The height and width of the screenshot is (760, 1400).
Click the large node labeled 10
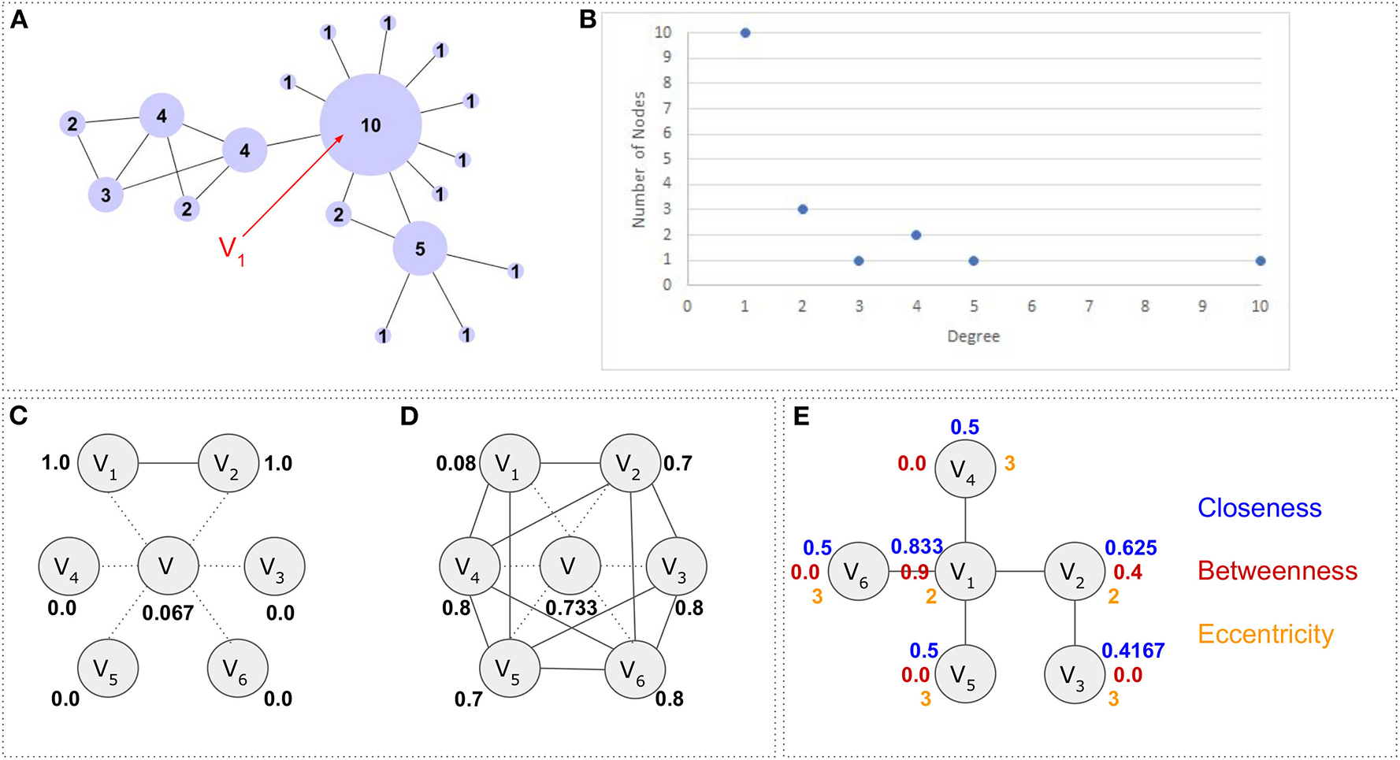370,124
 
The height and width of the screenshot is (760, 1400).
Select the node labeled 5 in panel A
420,249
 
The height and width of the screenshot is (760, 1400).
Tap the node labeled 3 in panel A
106,195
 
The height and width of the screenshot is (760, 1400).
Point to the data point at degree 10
1261,261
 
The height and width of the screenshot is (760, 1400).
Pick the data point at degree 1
745,33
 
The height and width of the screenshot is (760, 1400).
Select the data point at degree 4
916,235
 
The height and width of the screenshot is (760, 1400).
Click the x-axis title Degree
973,336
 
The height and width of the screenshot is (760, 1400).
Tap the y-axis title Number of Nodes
639,160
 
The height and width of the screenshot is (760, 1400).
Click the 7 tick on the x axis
1089,306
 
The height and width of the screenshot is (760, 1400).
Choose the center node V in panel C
167,566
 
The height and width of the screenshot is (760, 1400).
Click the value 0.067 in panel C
168,613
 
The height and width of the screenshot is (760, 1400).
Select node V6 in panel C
237,669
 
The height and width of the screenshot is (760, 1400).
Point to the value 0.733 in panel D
571,608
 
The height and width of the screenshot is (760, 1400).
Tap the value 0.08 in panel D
455,463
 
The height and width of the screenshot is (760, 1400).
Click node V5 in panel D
510,669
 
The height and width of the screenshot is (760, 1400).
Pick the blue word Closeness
1259,508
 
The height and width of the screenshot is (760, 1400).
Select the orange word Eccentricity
1265,634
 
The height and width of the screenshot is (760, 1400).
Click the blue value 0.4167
1132,651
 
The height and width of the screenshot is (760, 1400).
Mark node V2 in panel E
1075,572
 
